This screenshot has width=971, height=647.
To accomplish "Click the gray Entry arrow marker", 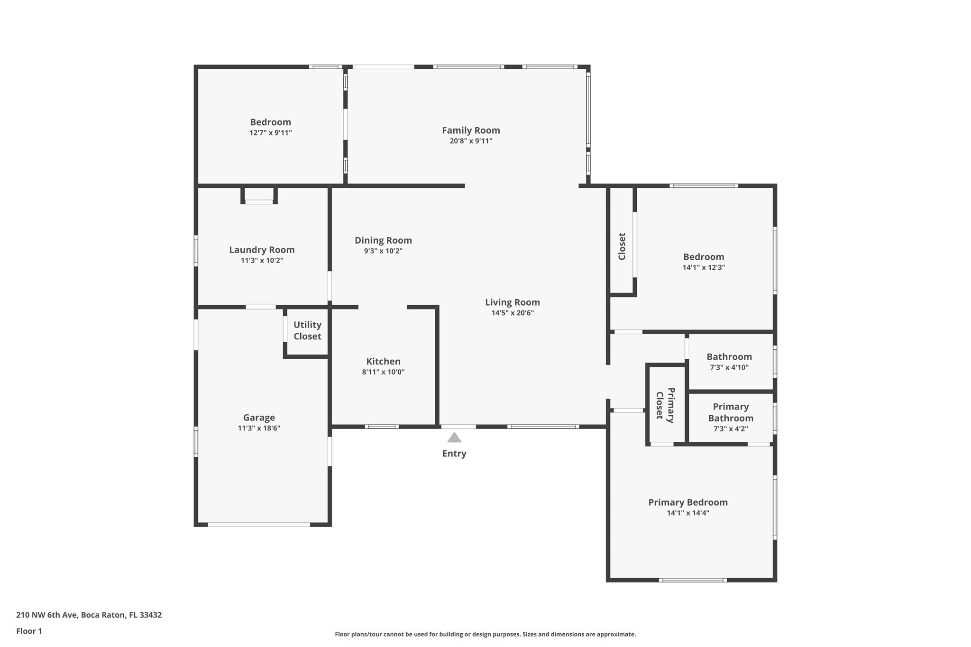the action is [454, 437].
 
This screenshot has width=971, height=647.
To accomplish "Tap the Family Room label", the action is [471, 130].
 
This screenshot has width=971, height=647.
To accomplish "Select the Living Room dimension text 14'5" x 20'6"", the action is [513, 313].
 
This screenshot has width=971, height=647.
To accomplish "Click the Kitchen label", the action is [383, 361].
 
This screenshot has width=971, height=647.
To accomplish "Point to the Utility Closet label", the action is [307, 330].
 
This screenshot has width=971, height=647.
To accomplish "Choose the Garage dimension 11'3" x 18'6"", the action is [259, 428].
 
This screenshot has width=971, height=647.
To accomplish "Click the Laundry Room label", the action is [262, 250].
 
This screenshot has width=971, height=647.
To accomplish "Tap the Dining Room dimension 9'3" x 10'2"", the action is [383, 251].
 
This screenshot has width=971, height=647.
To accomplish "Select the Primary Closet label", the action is [665, 405].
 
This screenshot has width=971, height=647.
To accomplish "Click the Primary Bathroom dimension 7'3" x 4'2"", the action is [731, 429].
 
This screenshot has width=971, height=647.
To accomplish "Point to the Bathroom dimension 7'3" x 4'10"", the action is [729, 367].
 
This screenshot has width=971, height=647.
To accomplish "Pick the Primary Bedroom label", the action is [688, 502].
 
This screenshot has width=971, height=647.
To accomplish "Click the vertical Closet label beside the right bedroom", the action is [622, 246].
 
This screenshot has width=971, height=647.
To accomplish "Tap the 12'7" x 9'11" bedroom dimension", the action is [271, 133].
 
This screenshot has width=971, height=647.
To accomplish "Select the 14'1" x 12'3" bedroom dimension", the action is [704, 267].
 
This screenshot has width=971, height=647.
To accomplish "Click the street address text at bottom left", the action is [89, 615].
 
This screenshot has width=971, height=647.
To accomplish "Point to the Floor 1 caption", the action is [29, 631].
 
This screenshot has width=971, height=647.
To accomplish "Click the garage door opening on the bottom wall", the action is [259, 525].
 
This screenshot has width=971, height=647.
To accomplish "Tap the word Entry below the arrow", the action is [454, 454].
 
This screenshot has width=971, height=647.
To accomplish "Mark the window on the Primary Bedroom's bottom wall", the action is [693, 580].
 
